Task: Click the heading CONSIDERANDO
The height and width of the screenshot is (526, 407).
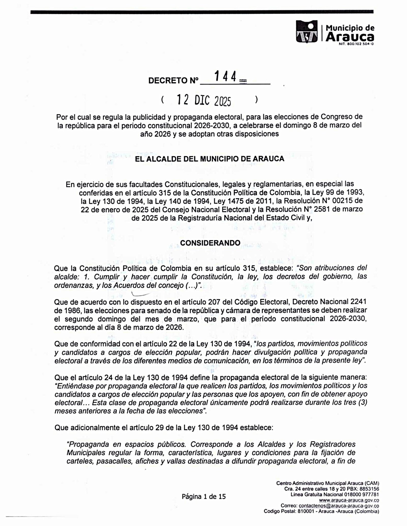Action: (210, 243)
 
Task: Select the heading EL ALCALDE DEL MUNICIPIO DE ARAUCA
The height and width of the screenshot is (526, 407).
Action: (210, 159)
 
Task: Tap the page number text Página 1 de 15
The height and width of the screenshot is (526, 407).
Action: (203, 496)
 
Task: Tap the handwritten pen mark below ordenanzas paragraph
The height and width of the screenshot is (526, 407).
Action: (140, 294)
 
